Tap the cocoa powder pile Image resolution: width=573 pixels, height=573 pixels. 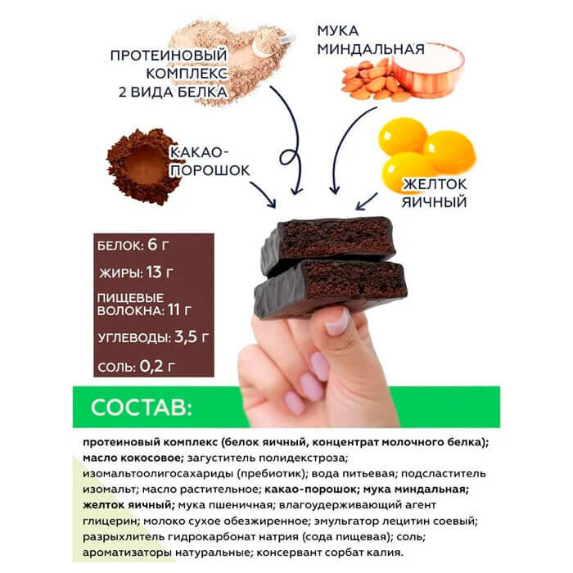[x=142, y=166]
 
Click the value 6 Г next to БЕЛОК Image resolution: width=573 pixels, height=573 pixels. [x=160, y=245]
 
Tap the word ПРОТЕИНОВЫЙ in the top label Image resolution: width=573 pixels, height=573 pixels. [x=167, y=56]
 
